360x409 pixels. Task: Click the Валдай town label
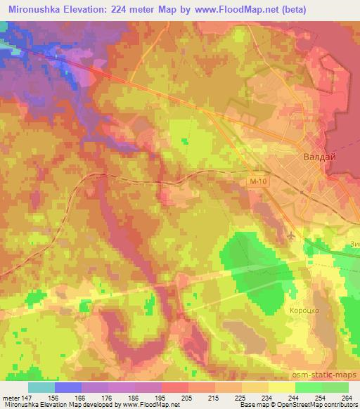coord(319,157)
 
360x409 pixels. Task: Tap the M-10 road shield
coord(258,182)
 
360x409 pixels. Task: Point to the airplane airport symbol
coord(292,237)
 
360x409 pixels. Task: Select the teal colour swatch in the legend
coord(41,387)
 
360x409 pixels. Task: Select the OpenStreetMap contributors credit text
coord(320,405)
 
